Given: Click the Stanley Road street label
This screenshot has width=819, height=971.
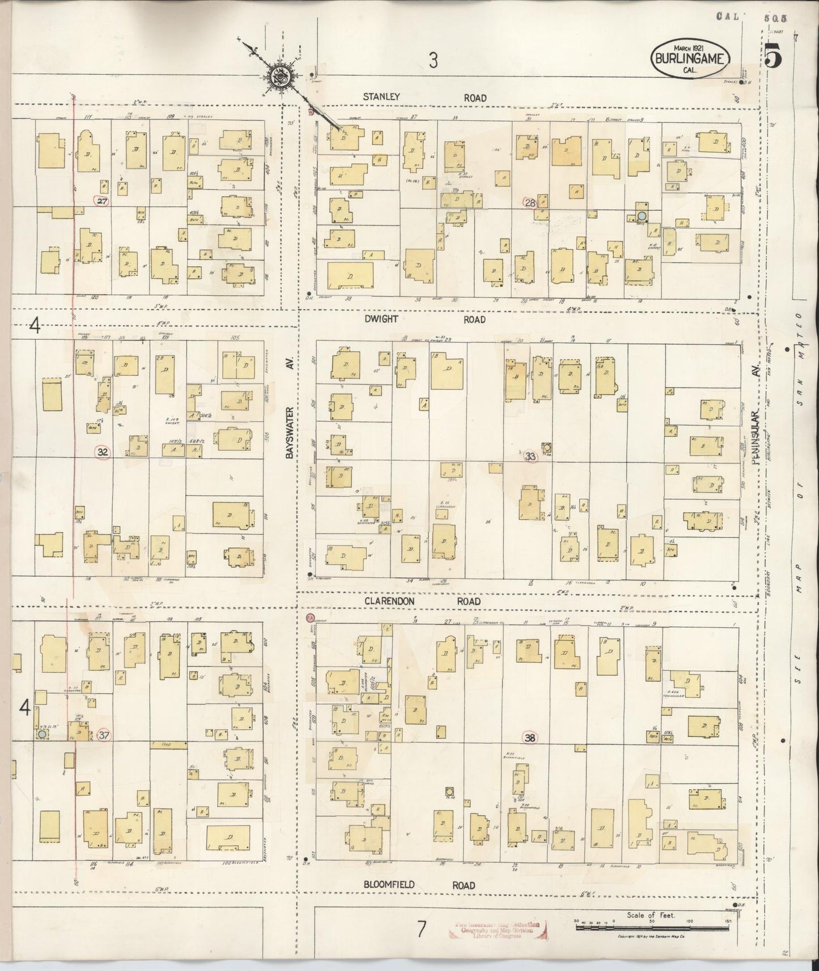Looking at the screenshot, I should pyautogui.click(x=424, y=97).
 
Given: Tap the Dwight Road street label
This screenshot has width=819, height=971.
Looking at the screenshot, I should pyautogui.click(x=424, y=320).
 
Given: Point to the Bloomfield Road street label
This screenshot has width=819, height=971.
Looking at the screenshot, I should pyautogui.click(x=419, y=885).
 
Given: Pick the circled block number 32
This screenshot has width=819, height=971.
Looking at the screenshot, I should pyautogui.click(x=103, y=452).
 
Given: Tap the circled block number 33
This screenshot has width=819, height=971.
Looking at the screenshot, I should pyautogui.click(x=531, y=456).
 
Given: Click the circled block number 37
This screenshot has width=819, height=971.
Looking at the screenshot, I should pyautogui.click(x=104, y=735).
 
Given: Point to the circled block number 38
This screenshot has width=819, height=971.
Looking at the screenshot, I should pyautogui.click(x=530, y=737).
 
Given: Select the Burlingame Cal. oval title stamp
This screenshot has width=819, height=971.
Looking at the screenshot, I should pyautogui.click(x=690, y=57).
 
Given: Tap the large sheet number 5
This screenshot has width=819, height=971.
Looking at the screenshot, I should pyautogui.click(x=771, y=57).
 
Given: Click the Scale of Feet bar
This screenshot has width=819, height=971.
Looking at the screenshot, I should pyautogui.click(x=652, y=927).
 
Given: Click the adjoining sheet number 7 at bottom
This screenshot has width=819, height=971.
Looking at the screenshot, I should pyautogui.click(x=421, y=929).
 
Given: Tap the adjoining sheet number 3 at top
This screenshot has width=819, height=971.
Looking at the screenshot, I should pyautogui.click(x=433, y=61).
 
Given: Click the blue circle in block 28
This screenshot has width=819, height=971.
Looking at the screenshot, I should pyautogui.click(x=642, y=215).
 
